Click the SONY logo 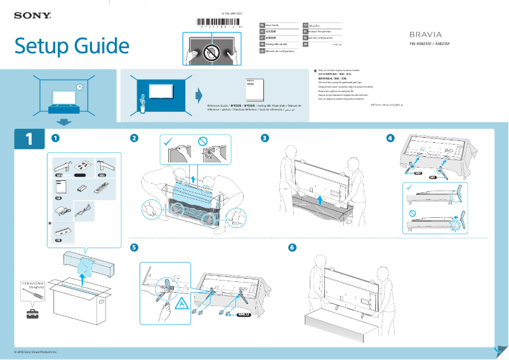(x=32, y=15)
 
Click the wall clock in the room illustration (x=80, y=87)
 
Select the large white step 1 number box (x=29, y=139)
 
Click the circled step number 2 (x=134, y=138)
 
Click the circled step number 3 (x=265, y=138)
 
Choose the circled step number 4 (x=390, y=138)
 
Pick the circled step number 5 (x=134, y=247)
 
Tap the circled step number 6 (x=292, y=247)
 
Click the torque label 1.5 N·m (x=32, y=283)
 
